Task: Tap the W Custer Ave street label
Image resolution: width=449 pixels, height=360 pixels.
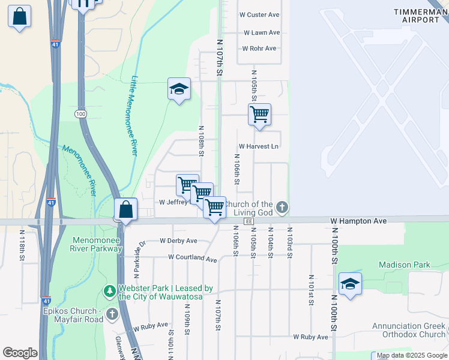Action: (259, 14)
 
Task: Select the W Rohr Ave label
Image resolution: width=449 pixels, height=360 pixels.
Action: (259, 49)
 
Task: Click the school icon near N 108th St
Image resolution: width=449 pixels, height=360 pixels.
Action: (179, 89)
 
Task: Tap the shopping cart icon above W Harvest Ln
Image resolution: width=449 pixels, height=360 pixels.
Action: (259, 114)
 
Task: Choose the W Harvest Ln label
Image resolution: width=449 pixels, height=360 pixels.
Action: (259, 146)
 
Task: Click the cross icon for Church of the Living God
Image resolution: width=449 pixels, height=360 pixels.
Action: (282, 208)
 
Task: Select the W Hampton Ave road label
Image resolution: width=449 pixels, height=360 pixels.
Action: (358, 221)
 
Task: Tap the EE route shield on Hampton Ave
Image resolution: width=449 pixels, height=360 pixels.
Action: (248, 221)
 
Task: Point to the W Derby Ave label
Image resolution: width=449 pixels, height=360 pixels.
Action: (178, 241)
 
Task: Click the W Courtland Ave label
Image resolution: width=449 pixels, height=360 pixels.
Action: (192, 257)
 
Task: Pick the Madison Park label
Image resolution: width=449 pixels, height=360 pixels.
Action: (404, 265)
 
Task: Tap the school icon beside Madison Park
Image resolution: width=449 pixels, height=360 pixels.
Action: (350, 284)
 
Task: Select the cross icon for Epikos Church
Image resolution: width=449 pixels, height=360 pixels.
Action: (112, 314)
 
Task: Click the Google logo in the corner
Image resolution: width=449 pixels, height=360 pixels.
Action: (20, 353)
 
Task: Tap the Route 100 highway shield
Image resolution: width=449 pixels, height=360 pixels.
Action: (80, 113)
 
